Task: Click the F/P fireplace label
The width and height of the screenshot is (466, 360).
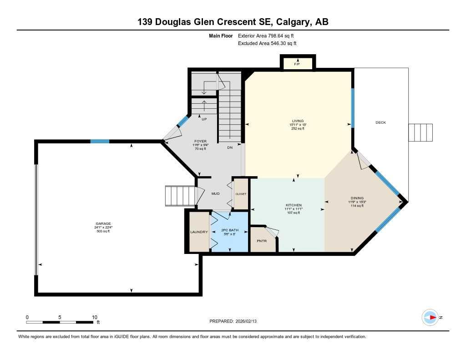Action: pyautogui.click(x=297, y=64)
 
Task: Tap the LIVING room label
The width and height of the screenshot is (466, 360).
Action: pyautogui.click(x=298, y=121)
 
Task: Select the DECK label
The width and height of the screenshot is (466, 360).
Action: pyautogui.click(x=380, y=122)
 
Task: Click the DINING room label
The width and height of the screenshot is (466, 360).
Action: pyautogui.click(x=357, y=198)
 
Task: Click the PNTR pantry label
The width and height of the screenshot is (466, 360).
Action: pyautogui.click(x=261, y=240)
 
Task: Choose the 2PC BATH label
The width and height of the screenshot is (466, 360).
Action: pyautogui.click(x=230, y=230)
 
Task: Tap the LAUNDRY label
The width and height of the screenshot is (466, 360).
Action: pyautogui.click(x=199, y=232)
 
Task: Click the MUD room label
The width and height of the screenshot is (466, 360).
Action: pyautogui.click(x=215, y=194)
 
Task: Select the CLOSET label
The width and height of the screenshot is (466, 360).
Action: pyautogui.click(x=241, y=194)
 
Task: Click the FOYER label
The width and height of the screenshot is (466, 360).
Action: pyautogui.click(x=201, y=141)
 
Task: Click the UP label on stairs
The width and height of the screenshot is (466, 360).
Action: pyautogui.click(x=204, y=119)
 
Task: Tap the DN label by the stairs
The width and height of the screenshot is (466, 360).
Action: pyautogui.click(x=230, y=147)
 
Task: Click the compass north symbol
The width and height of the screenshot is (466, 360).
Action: pyautogui.click(x=430, y=317)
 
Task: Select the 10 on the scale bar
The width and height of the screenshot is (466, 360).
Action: pyautogui.click(x=94, y=317)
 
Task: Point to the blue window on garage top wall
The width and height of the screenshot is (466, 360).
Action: pyautogui.click(x=99, y=142)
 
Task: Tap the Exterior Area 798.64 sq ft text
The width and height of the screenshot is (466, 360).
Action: pyautogui.click(x=269, y=35)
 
